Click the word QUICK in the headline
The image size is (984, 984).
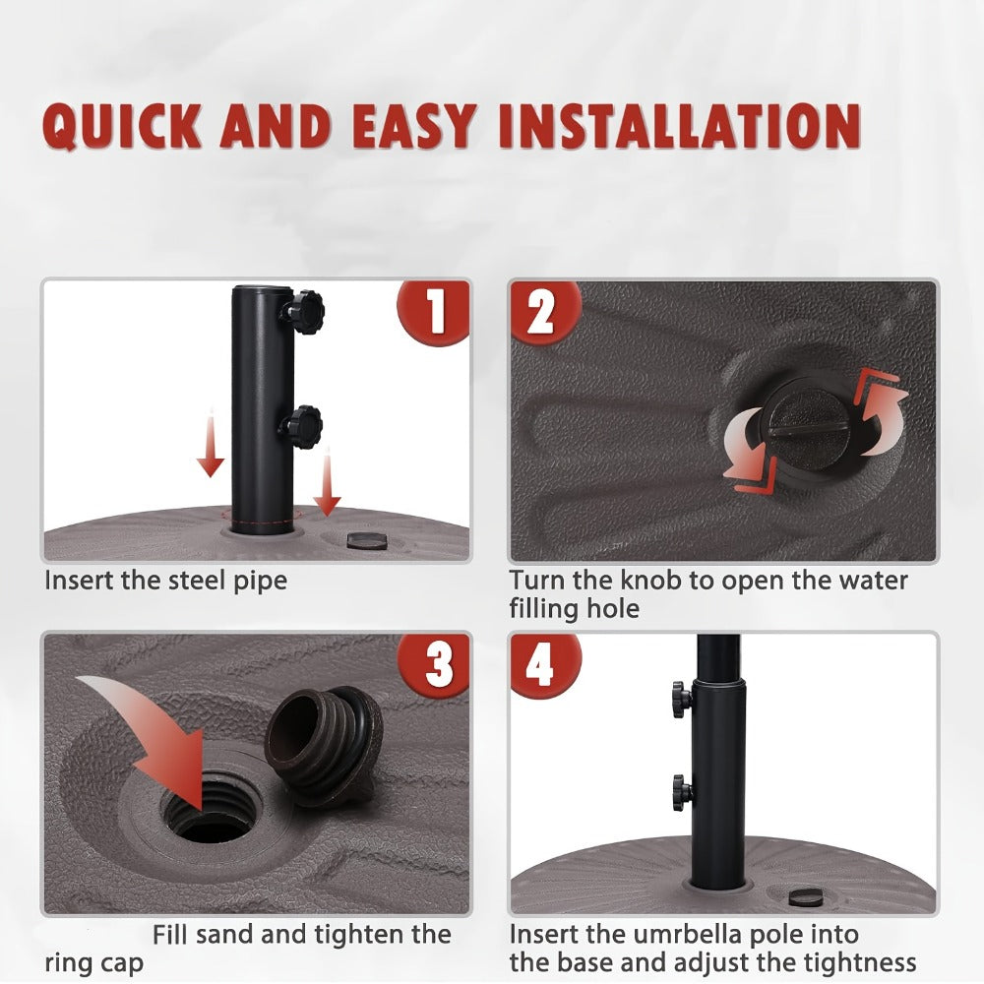point(122,126)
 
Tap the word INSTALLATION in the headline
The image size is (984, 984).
point(680,126)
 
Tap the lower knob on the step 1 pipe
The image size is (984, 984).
point(301,427)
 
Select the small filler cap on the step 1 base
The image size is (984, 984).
point(366,540)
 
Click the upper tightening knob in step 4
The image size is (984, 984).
point(682,699)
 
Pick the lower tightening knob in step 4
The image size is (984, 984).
point(683,792)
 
